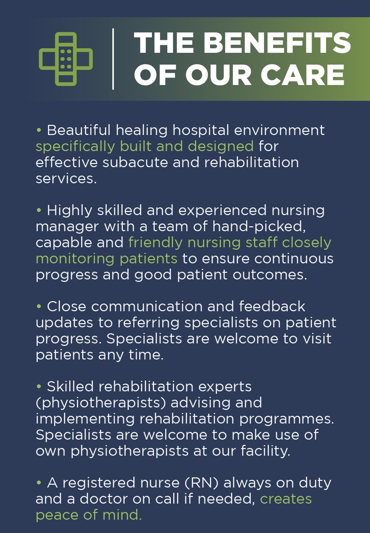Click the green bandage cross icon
coord(66,59)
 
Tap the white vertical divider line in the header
coord(113,59)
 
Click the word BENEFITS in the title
coord(277,43)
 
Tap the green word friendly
coord(155,243)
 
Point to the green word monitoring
coord(75,259)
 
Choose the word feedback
coord(272,307)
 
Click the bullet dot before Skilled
coord(39,387)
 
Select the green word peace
coord(57,515)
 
